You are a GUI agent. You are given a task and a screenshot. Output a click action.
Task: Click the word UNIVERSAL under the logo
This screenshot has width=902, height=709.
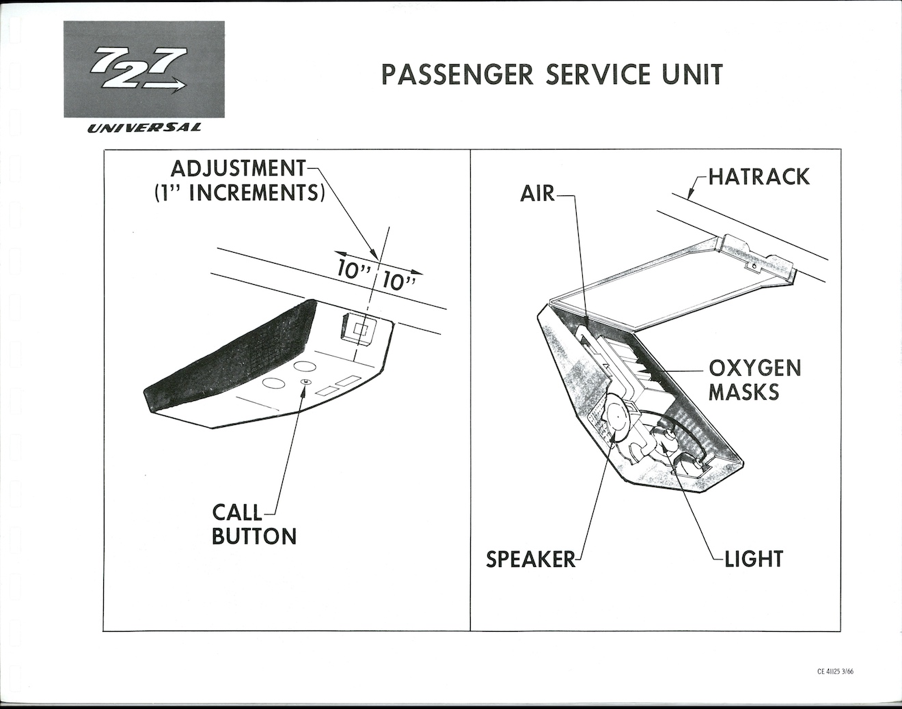(x=143, y=128)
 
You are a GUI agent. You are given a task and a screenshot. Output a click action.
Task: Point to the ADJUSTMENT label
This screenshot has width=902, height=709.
(x=237, y=169)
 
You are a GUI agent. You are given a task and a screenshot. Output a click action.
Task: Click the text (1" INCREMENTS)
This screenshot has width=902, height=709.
(x=237, y=192)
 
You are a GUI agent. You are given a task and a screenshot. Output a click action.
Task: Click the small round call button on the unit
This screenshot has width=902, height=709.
(x=306, y=382)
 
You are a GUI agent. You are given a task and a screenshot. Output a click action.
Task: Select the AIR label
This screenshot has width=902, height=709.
(x=537, y=194)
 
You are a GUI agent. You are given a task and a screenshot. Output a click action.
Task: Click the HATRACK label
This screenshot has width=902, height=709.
(x=758, y=177)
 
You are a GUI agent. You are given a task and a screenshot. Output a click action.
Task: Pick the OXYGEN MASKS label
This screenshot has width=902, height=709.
(x=754, y=380)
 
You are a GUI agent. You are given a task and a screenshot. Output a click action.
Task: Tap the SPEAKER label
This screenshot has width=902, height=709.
(x=531, y=559)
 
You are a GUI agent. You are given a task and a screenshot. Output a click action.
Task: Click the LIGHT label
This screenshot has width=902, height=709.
(x=753, y=559)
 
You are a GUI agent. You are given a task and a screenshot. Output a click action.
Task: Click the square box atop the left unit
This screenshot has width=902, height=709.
(x=359, y=329)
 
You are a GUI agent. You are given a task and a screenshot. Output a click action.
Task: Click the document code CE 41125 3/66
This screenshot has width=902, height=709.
(x=835, y=671)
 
